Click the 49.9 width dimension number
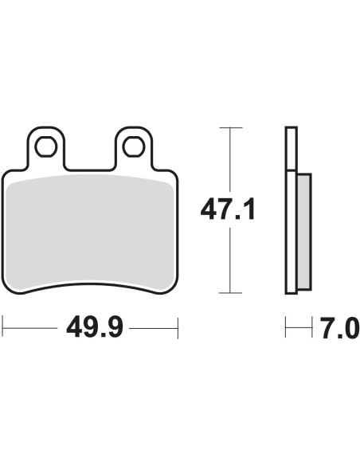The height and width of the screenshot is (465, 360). pyautogui.click(x=94, y=328)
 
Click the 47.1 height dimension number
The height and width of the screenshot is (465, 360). pyautogui.click(x=228, y=210)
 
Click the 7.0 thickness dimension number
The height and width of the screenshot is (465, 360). pyautogui.click(x=340, y=328)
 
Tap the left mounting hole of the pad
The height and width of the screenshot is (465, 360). pyautogui.click(x=45, y=147)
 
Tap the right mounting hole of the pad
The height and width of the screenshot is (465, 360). pyautogui.click(x=134, y=147)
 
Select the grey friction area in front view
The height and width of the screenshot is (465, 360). pyautogui.click(x=89, y=232)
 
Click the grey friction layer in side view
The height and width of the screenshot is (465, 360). pyautogui.click(x=303, y=232)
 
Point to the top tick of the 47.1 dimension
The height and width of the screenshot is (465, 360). pyautogui.click(x=231, y=128)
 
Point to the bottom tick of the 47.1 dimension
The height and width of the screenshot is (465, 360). pyautogui.click(x=230, y=293)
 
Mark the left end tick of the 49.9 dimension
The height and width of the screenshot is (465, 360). pyautogui.click(x=2, y=328)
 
